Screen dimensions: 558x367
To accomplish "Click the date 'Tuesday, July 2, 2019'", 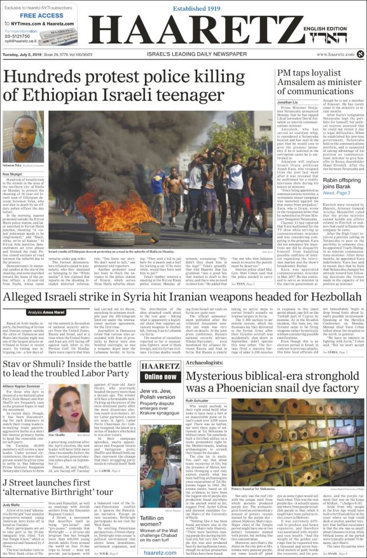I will click(24, 54).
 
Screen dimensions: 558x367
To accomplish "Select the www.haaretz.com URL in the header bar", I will click(335, 54).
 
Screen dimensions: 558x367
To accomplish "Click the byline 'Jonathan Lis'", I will click(287, 102).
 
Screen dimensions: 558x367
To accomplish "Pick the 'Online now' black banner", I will click(161, 377).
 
